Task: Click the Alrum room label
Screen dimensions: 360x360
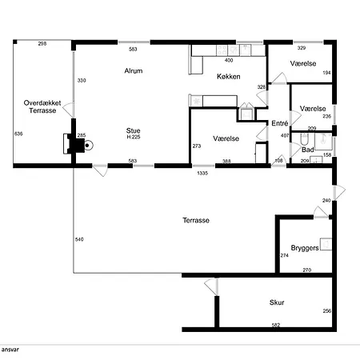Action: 134,70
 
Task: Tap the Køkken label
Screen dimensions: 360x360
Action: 229,77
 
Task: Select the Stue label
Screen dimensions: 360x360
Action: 133,130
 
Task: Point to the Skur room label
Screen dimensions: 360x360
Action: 277,302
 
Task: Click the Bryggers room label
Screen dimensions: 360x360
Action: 305,248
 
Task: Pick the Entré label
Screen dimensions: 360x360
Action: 280,123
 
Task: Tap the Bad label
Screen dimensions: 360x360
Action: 307,150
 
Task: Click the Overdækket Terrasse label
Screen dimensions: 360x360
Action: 42,106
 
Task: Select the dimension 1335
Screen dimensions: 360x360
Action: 202,173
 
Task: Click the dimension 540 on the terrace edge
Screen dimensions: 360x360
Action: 79,239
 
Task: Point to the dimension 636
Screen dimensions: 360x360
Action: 18,134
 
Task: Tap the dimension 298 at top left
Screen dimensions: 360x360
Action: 42,44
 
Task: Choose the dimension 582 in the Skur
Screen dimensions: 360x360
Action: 276,325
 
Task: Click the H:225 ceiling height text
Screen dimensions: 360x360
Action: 134,137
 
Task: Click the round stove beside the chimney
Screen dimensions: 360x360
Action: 87,146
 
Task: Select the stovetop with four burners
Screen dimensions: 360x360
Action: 222,50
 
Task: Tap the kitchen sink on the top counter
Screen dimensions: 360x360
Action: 246,50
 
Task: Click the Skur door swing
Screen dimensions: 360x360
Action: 211,286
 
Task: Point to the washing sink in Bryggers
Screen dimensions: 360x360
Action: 326,244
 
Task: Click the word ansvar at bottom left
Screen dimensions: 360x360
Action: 10,350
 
